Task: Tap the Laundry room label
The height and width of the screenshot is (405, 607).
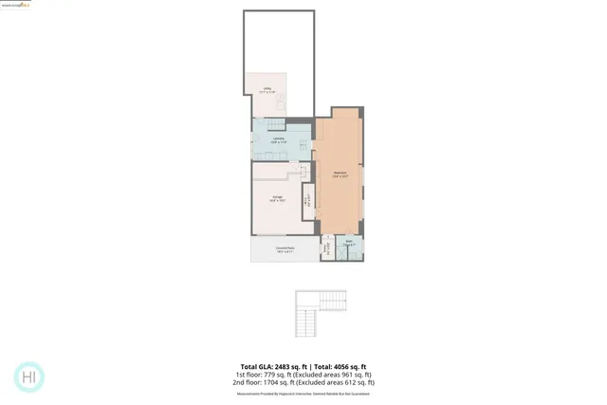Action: click(x=279, y=140)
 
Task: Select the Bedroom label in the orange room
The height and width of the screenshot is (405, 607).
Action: click(x=339, y=175)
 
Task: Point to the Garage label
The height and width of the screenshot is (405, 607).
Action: click(x=277, y=198)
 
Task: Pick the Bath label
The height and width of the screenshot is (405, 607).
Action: click(x=349, y=243)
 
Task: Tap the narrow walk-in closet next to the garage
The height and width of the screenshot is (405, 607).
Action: click(x=306, y=199)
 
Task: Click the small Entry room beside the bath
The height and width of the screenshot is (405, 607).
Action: click(x=327, y=249)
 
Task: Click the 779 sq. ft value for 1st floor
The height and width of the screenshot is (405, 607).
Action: click(x=278, y=375)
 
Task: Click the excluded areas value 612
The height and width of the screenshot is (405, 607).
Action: click(x=354, y=382)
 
